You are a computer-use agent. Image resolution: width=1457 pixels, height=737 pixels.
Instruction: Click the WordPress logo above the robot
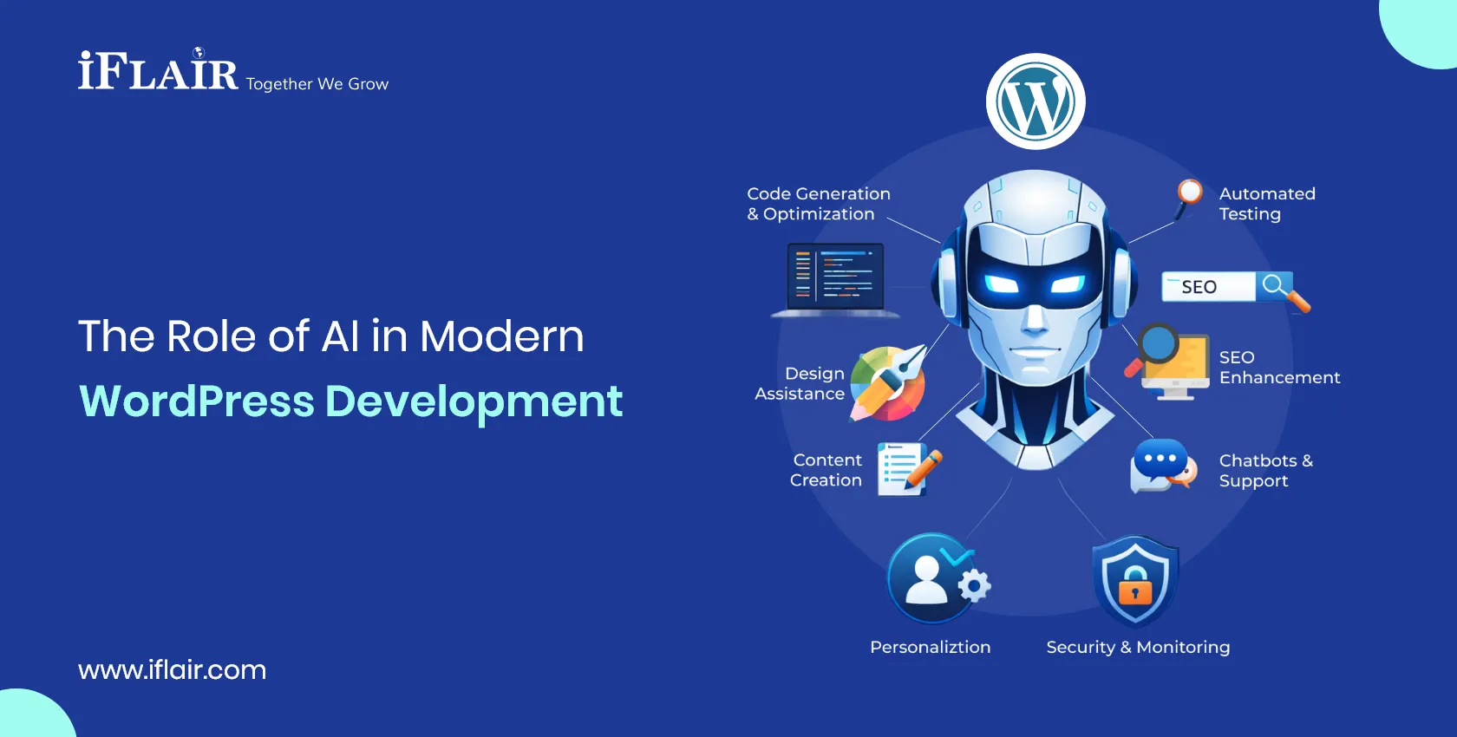(1036, 101)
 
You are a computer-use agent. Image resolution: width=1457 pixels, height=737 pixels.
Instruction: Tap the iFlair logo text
(158, 72)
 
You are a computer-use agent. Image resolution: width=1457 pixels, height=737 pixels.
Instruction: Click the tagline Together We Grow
(317, 84)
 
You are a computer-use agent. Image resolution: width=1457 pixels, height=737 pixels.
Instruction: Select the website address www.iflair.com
(172, 669)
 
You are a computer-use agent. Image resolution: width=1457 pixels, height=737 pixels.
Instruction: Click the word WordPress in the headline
(197, 401)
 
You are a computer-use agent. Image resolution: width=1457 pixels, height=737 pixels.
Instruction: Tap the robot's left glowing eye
(1001, 284)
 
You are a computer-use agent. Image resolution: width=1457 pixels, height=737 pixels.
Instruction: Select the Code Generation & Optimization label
(818, 204)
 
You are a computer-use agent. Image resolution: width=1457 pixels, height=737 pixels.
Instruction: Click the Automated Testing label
(1266, 204)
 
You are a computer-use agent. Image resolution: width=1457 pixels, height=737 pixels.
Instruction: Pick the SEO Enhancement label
(1278, 368)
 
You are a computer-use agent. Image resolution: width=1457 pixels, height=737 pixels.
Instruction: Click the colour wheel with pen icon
(888, 383)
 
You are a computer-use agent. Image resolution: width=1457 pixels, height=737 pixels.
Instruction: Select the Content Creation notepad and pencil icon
(907, 469)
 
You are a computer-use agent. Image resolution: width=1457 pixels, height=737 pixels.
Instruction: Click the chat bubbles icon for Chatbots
(1163, 466)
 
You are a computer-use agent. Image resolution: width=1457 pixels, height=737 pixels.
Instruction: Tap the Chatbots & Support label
(1264, 471)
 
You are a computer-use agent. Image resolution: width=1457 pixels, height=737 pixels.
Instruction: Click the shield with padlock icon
(1135, 580)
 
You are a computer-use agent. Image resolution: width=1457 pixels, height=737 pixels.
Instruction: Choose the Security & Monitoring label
(1138, 647)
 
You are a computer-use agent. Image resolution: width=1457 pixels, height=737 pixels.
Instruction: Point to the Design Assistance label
(800, 383)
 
